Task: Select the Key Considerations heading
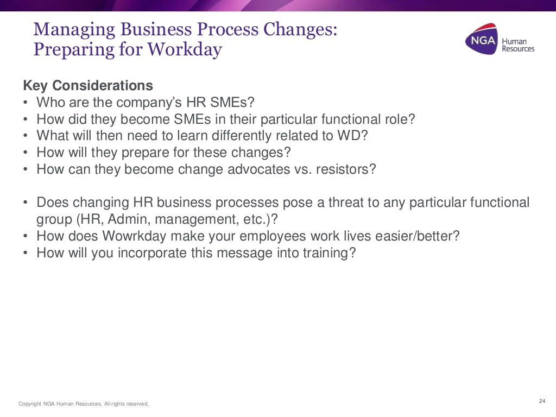[87, 86]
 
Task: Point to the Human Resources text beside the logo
[517, 45]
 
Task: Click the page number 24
[541, 401]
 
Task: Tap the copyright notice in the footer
[83, 403]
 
